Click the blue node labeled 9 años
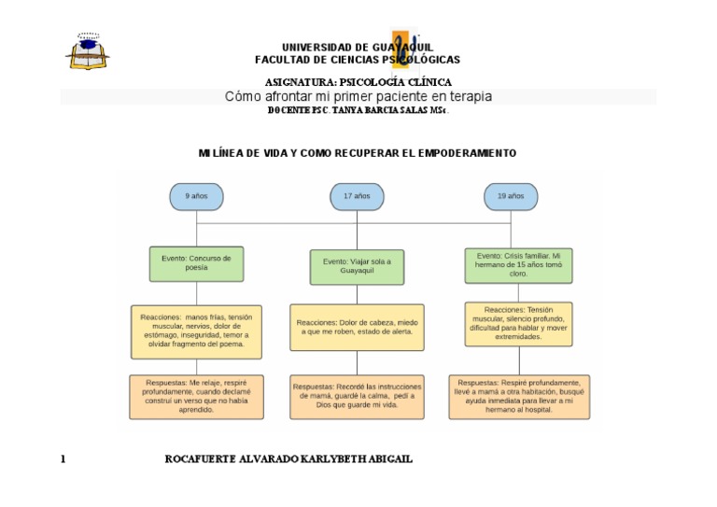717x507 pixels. [x=196, y=197]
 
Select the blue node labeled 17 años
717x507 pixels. [x=357, y=197]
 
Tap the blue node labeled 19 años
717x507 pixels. [x=511, y=197]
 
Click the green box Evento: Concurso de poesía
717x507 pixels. [x=196, y=263]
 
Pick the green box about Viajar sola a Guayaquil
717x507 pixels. [x=357, y=267]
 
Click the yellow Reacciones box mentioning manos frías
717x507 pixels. [x=196, y=331]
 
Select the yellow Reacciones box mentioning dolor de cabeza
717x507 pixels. [x=357, y=328]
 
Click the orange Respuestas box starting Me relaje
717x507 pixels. [x=196, y=396]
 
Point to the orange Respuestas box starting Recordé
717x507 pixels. [x=357, y=397]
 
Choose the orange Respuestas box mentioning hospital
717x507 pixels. [x=519, y=396]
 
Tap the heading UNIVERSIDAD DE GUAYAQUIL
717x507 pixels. [x=357, y=47]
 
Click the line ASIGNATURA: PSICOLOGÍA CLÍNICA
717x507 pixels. [x=358, y=82]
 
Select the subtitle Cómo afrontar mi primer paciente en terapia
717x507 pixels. [x=358, y=96]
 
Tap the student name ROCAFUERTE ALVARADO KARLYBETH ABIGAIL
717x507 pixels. [x=288, y=459]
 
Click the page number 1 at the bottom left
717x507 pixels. [x=63, y=459]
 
